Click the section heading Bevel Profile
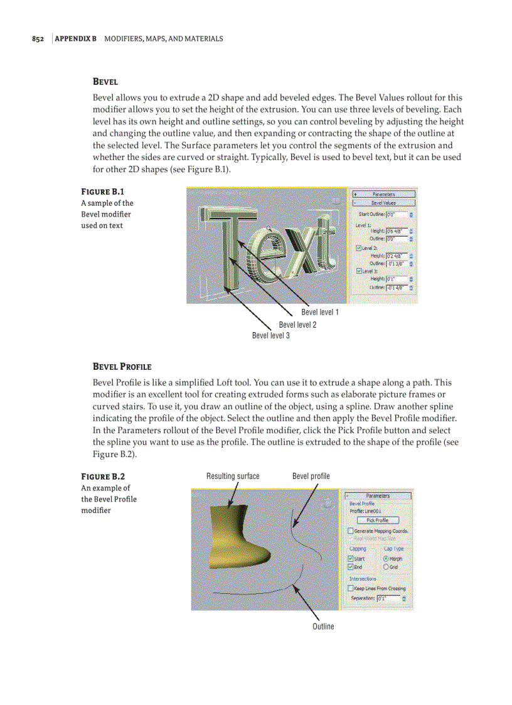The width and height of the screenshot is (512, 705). [x=122, y=367]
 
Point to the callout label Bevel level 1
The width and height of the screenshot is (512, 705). [x=320, y=312]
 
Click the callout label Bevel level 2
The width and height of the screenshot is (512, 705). [x=297, y=325]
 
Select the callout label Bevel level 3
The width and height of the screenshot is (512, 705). [x=270, y=335]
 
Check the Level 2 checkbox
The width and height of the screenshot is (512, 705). [x=358, y=248]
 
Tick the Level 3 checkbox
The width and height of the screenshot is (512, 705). [x=358, y=271]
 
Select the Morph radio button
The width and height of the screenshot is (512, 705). [x=385, y=558]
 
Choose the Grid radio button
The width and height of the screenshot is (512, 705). [x=385, y=567]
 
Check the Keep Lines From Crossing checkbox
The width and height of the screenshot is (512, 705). [x=351, y=588]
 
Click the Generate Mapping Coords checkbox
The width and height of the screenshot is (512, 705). [x=351, y=531]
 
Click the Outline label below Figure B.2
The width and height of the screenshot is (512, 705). [x=323, y=627]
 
